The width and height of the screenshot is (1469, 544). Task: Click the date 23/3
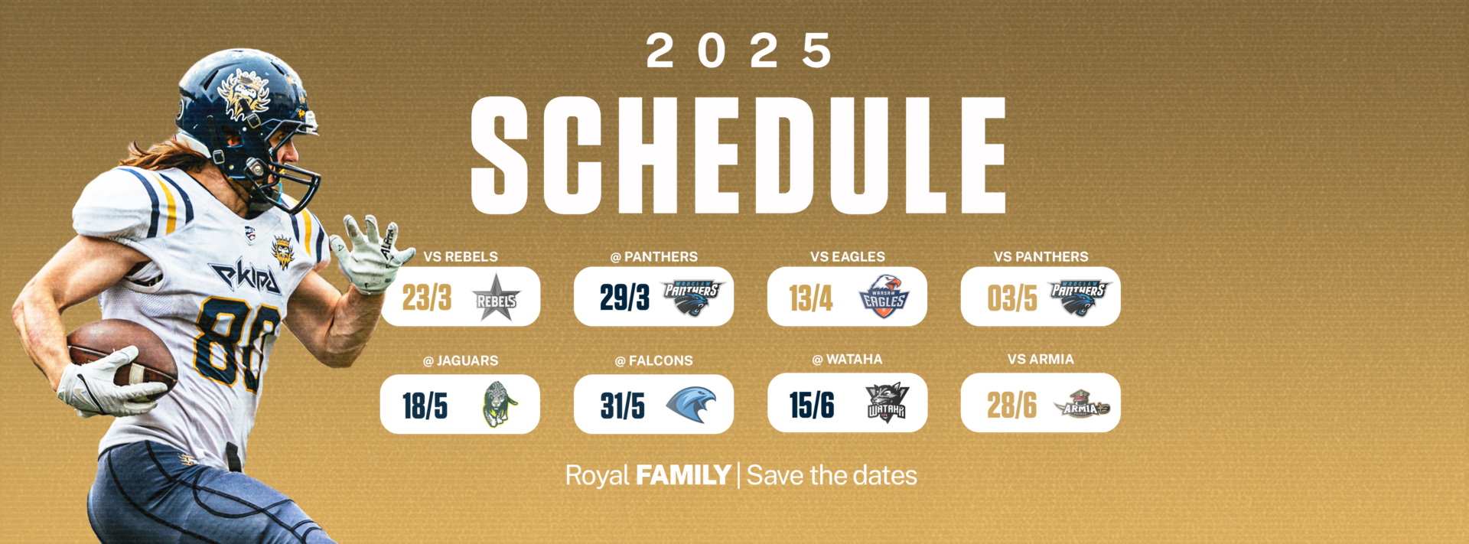[x=427, y=298]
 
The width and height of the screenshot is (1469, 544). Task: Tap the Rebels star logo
[x=496, y=298]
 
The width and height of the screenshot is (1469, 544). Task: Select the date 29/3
[x=624, y=298]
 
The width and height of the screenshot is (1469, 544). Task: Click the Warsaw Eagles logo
[x=884, y=297]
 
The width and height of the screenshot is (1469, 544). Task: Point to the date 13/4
[x=811, y=298]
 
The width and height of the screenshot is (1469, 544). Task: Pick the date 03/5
[x=1011, y=298]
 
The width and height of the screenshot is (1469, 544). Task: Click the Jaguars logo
[x=499, y=404]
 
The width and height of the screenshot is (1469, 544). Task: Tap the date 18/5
[x=425, y=406]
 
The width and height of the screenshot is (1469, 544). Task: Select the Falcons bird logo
[x=691, y=404]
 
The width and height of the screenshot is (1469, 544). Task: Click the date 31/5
[x=622, y=406]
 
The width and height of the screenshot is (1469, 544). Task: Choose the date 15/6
[x=812, y=405]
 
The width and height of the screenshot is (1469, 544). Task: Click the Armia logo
[x=1081, y=403]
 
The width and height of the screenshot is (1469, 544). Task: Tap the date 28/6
[x=1011, y=405]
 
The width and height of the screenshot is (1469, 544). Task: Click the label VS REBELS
[x=461, y=257]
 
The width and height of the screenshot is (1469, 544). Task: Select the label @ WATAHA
[x=847, y=360]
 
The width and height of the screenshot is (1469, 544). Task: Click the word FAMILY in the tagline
[x=683, y=475]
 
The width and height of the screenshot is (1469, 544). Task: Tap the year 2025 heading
[x=738, y=51]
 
